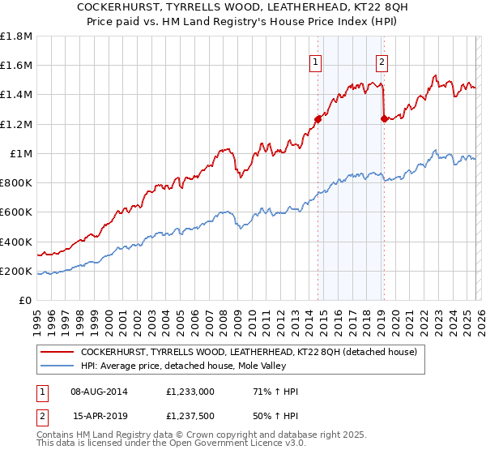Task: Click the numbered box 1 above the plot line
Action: [316, 60]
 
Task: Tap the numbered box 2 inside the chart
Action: [382, 60]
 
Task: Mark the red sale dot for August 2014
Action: [318, 120]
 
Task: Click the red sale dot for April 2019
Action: [384, 119]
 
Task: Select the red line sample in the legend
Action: [57, 352]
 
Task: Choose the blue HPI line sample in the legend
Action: [57, 366]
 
